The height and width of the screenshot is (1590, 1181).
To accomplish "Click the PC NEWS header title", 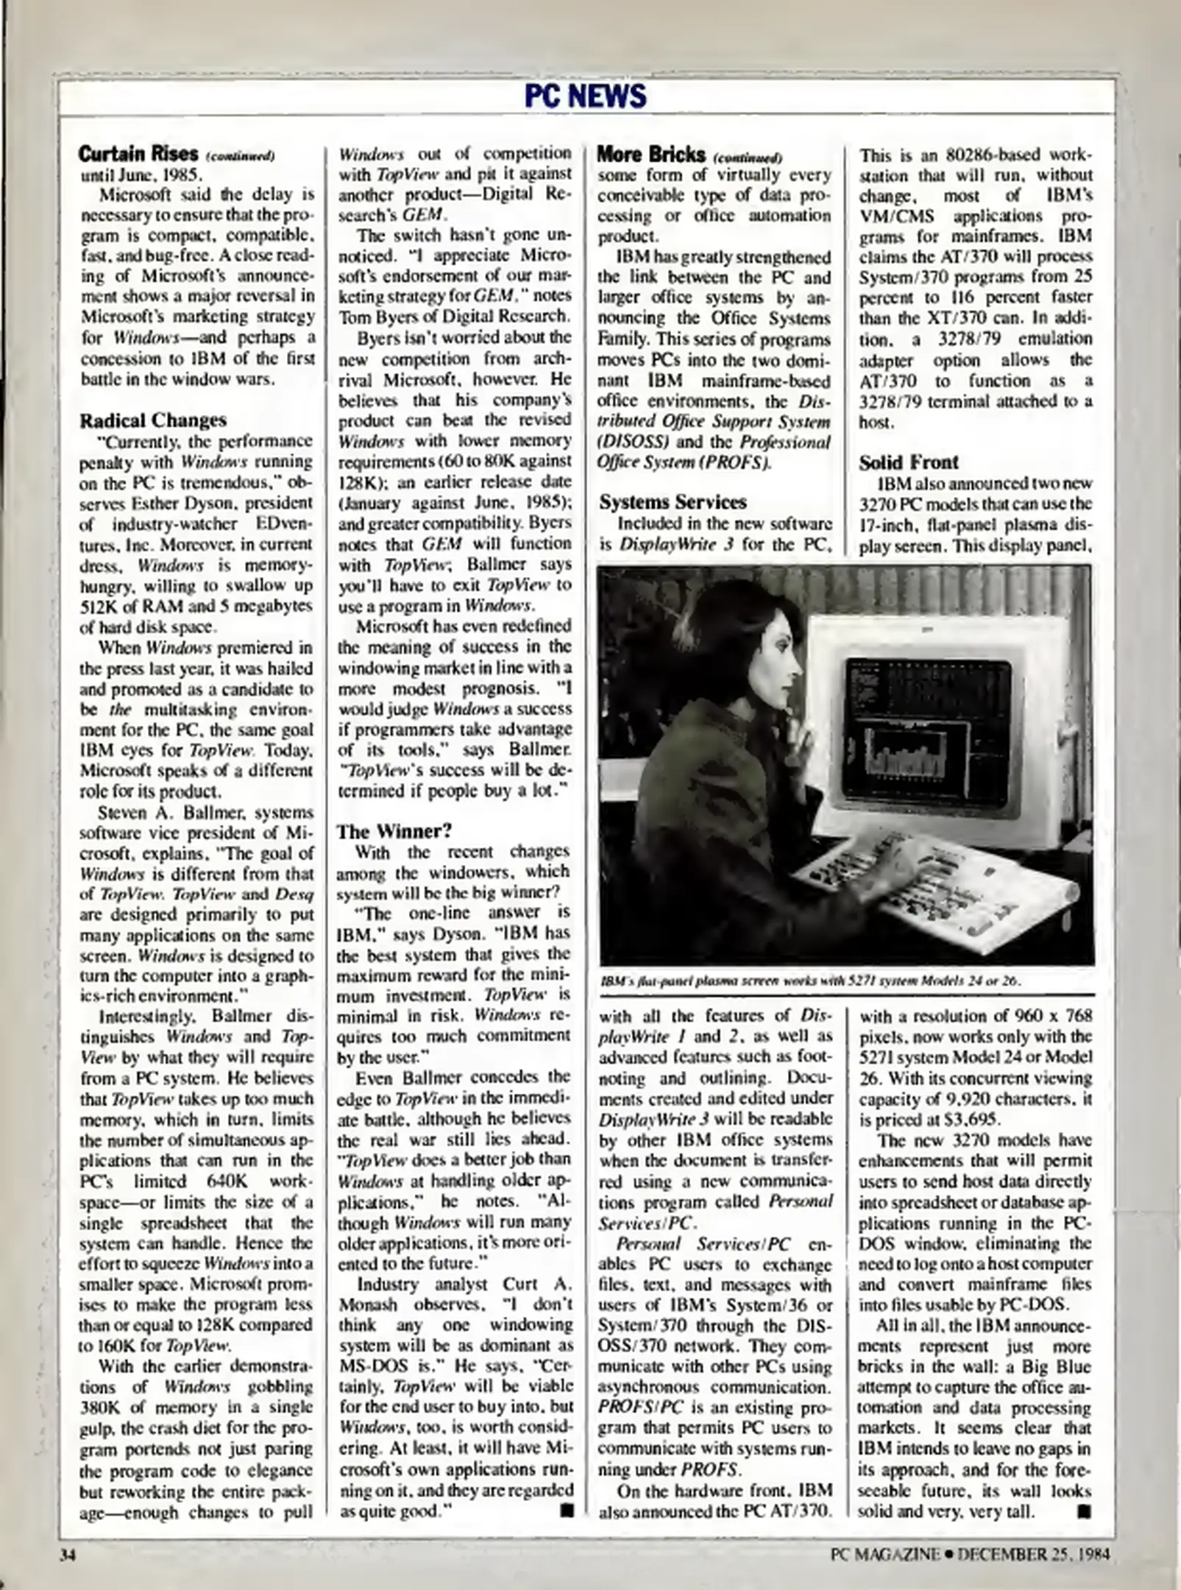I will coord(586,96).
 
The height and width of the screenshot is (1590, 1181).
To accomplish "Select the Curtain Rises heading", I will coord(138,154).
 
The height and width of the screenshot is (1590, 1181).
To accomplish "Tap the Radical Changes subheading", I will coord(153,420).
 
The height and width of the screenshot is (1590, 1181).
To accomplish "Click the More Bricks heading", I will coord(651,155).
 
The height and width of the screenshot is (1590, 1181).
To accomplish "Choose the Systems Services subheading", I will coord(673,502).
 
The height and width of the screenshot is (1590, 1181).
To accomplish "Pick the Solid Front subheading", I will coord(909,462).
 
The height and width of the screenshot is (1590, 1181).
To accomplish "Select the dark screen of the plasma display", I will coord(927,725).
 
